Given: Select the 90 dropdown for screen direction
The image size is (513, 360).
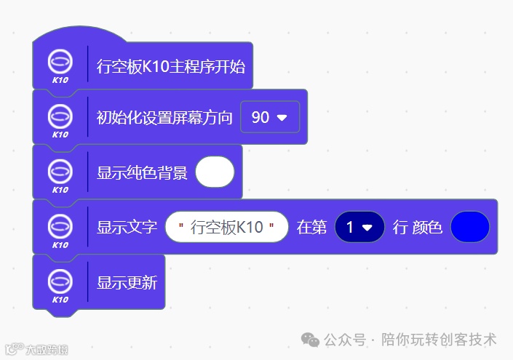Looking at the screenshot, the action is tap(269, 117).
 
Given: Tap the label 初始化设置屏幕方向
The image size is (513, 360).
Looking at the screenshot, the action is tap(165, 117).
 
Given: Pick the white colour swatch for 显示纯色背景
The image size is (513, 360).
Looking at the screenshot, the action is tap(215, 172).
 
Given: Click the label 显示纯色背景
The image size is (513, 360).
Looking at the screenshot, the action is tap(142, 172).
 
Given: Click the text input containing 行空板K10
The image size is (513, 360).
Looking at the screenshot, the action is tap(227, 227).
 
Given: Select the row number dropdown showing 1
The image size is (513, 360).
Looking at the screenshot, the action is tap(359, 227).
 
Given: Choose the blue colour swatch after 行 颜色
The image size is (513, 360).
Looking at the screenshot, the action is tap(470, 227).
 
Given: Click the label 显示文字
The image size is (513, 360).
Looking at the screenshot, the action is tap(127, 227).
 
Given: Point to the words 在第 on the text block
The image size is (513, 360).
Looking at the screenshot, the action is tap(311, 227).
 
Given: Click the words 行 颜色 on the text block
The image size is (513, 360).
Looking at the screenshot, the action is tap(418, 227).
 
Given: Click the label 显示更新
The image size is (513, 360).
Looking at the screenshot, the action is tap(127, 282).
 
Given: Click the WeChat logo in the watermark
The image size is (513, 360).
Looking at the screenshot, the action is tap(311, 340).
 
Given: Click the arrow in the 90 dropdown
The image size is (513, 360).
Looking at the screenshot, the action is tap(282, 117).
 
